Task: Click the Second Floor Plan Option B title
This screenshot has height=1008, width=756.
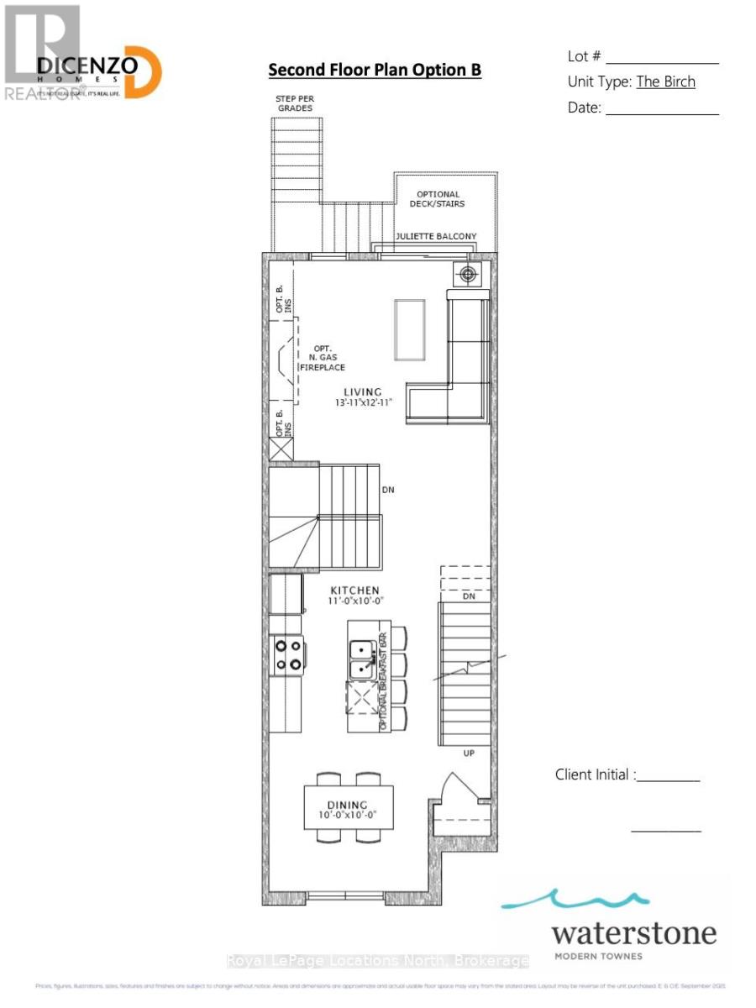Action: (x=375, y=70)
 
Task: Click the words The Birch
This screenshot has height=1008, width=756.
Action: (x=665, y=81)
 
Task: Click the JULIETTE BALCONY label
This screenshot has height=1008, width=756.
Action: (x=436, y=237)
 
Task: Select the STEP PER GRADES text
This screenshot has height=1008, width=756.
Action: (x=294, y=103)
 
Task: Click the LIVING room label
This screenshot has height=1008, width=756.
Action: (x=362, y=391)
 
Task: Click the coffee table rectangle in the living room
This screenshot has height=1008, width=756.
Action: (x=410, y=329)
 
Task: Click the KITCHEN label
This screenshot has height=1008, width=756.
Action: (x=354, y=591)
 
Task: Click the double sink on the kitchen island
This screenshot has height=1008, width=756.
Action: (x=363, y=659)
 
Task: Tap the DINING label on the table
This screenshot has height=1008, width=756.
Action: (x=348, y=805)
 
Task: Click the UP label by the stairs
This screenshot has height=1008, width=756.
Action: (x=469, y=753)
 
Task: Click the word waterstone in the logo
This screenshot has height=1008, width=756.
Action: (x=634, y=932)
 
